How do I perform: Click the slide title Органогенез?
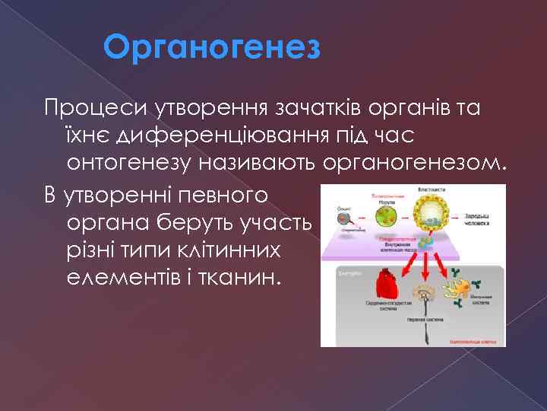(213, 48)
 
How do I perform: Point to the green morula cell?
(390, 214)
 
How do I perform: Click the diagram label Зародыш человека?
(477, 218)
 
